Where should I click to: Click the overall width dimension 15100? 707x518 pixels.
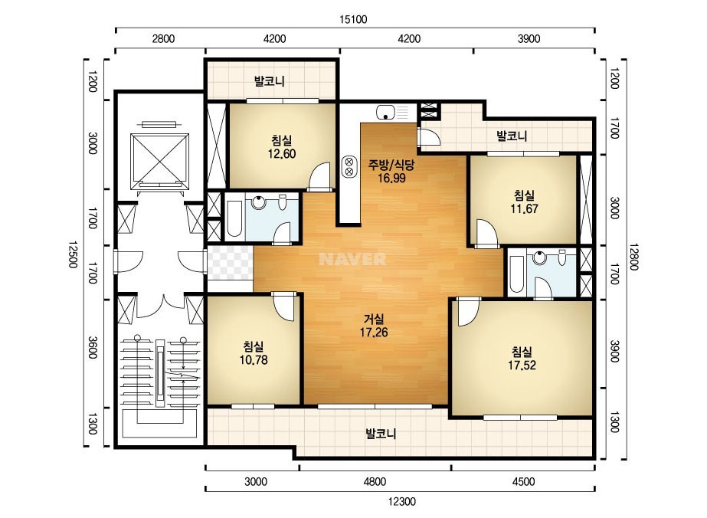pos(353,19)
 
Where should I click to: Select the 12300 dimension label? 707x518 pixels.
pos(401,501)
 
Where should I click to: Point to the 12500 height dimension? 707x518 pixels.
pos(73,254)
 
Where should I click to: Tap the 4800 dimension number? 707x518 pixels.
pos(375,482)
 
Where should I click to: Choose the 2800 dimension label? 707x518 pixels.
pos(163,39)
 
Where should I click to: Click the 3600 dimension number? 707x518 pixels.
pos(92,347)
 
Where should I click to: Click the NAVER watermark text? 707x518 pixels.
pos(352,259)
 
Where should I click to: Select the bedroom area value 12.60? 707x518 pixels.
pos(282,154)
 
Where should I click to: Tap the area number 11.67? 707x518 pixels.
pos(524,208)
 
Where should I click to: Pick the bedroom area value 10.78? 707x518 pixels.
pos(254,359)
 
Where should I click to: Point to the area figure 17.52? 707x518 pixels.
pos(522,365)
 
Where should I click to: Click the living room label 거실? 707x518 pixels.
pos(374,319)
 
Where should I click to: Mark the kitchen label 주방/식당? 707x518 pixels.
pos(391,165)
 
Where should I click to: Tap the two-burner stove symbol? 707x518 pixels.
pos(349,166)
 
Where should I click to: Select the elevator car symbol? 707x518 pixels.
pos(159,161)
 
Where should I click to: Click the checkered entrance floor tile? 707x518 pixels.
pos(230,263)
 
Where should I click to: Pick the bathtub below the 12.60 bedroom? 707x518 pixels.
pos(234,219)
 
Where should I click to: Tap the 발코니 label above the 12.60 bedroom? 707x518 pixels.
pos(269,81)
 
